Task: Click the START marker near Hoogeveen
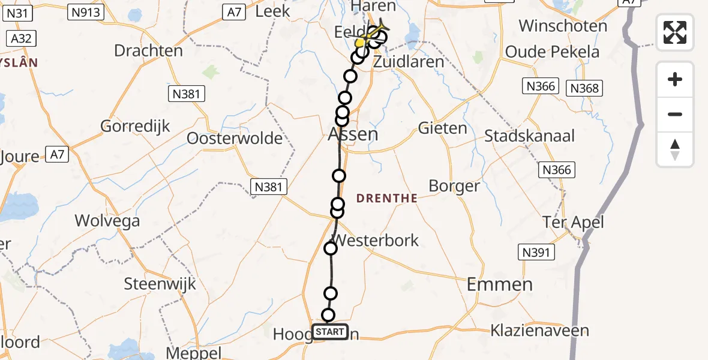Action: [329, 332]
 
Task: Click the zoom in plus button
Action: [675, 79]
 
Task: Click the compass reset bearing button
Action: [675, 149]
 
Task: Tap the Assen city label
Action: [353, 134]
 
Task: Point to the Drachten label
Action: [148, 50]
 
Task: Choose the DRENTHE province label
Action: [387, 198]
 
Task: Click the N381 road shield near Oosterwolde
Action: [187, 94]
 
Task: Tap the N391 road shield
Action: [536, 253]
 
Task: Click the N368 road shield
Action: [584, 89]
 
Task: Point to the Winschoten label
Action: [563, 26]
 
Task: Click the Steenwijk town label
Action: [160, 283]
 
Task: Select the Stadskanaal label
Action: [529, 136]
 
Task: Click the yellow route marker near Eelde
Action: [359, 43]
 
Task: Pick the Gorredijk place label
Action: [136, 126]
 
